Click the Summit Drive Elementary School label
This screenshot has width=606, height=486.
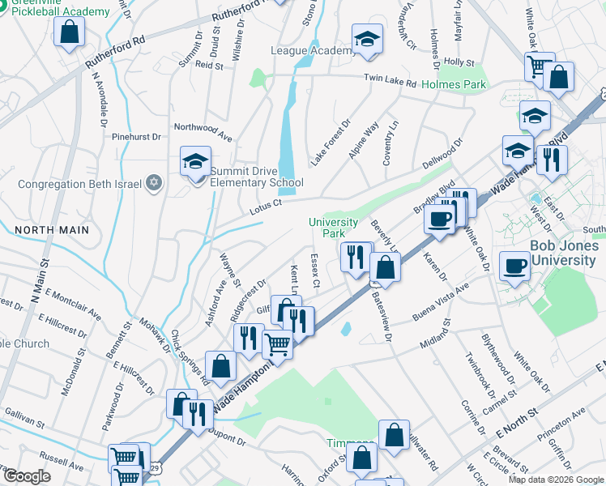pos(257,177)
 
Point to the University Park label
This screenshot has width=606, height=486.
pos(333,228)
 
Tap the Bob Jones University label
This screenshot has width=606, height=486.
pos(564,252)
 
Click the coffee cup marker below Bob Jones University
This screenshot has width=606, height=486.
pos(514,266)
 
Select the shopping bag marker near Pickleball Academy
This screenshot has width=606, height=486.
pos(69,32)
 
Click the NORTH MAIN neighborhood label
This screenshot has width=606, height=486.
pos(52,230)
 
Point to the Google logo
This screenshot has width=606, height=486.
pos(27,476)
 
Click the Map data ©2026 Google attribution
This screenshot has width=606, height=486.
pos(555,480)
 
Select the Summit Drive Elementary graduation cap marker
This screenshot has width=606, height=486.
pos(195,162)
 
